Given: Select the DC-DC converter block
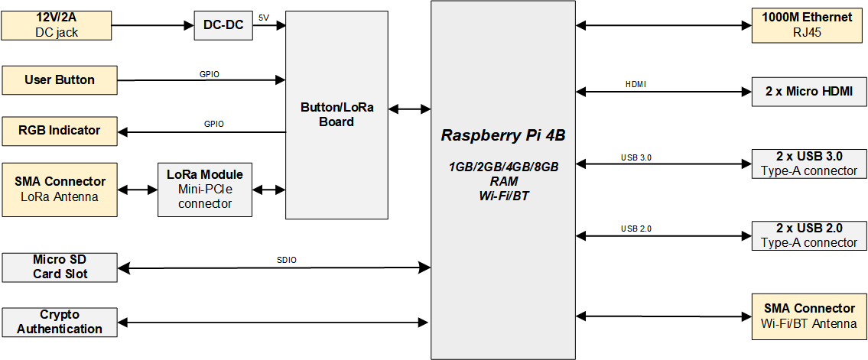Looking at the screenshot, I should tap(223, 25).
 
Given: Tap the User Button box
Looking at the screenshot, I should tap(60, 80).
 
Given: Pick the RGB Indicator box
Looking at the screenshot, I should tap(60, 131).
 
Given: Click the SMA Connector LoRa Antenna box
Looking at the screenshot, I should tap(60, 190).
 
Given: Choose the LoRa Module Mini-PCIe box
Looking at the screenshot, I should tap(205, 190).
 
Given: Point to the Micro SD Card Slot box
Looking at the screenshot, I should tap(60, 267).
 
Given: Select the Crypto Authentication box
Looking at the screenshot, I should tap(60, 322).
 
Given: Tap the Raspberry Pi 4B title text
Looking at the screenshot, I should tap(502, 136).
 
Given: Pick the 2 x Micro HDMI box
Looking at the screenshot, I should tap(809, 91).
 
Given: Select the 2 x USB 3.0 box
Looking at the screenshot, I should tap(809, 164).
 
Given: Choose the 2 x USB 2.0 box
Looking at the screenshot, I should tap(809, 235).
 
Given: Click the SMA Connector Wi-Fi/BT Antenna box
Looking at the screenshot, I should tap(809, 316).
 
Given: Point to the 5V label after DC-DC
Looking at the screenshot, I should tap(264, 18).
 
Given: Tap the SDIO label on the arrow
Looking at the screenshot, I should tap(286, 260).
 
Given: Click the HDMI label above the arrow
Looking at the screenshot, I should tap(636, 84).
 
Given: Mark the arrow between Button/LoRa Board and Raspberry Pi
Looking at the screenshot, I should tap(410, 109).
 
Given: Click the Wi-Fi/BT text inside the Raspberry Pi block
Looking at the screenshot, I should tap(503, 196).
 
